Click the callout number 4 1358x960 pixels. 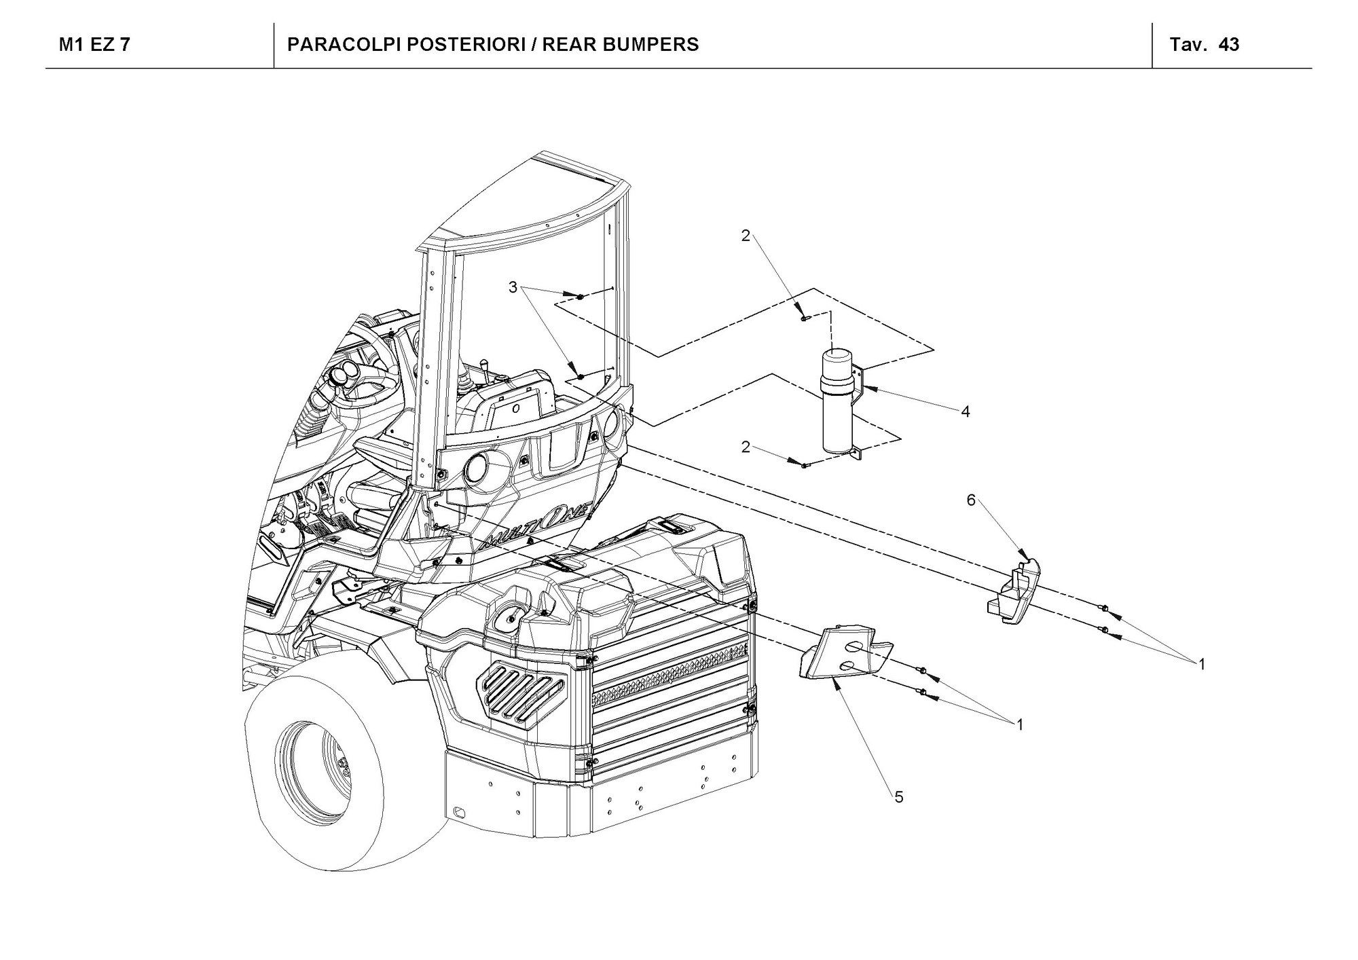tap(965, 411)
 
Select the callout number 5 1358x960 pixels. tap(899, 798)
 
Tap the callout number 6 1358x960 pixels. tap(971, 500)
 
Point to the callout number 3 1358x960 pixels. tap(513, 288)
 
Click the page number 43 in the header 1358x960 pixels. tap(1229, 45)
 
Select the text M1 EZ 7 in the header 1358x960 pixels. tap(95, 45)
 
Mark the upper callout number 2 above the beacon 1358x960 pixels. tap(746, 236)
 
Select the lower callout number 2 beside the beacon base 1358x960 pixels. tap(746, 447)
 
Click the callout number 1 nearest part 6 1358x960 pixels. tap(1201, 664)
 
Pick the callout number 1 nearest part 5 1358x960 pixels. tap(1019, 725)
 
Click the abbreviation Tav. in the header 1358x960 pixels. tap(1188, 45)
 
